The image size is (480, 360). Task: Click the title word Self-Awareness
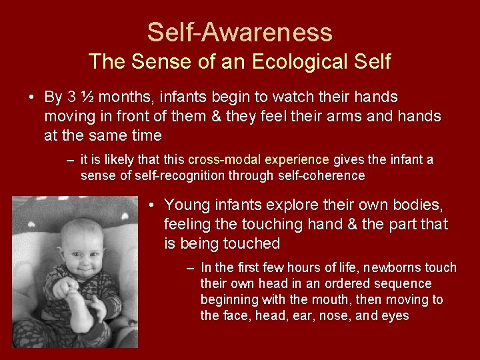[239, 32]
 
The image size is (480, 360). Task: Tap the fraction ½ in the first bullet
[87, 97]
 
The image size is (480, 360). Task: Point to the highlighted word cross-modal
[225, 160]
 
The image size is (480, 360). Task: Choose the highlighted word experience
[297, 160]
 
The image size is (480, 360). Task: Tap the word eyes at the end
[395, 316]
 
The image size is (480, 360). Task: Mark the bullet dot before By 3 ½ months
[31, 97]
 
